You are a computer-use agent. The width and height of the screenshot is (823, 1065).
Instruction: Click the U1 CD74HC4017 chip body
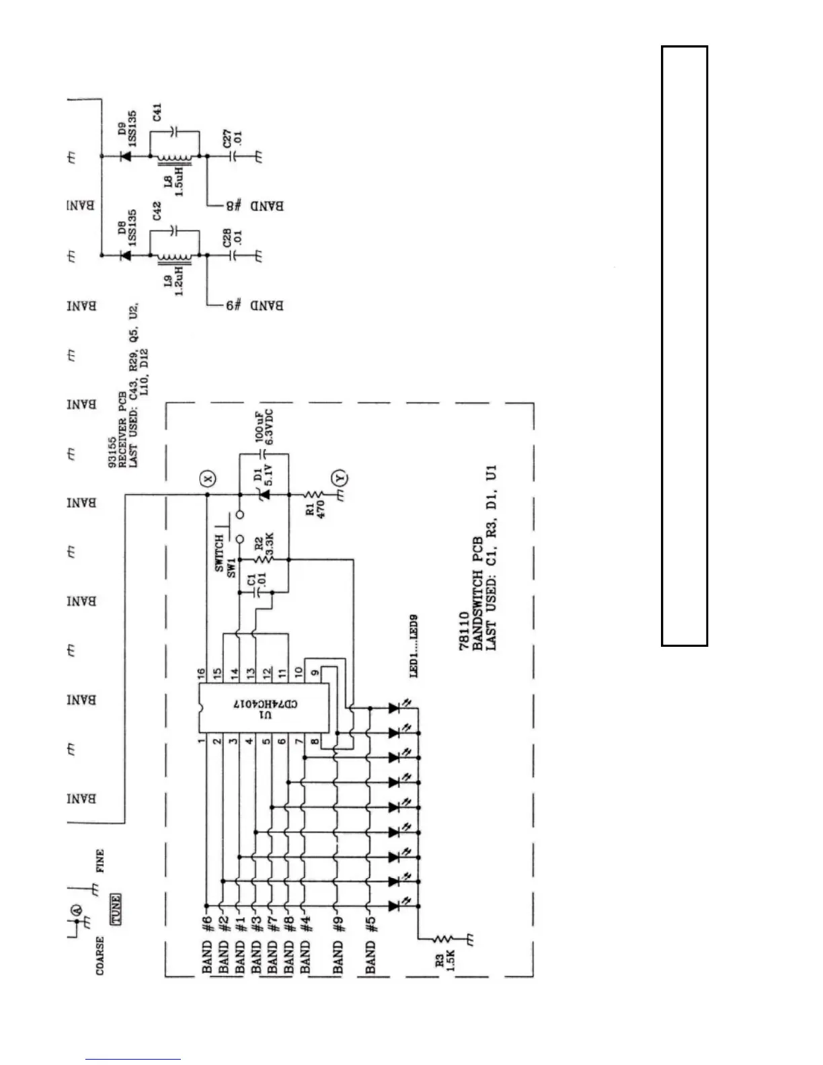(265, 709)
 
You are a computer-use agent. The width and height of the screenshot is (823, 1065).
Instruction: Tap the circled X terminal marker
(208, 478)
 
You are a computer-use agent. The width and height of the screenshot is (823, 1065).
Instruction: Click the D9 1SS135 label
(128, 128)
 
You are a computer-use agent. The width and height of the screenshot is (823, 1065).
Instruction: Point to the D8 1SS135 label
(128, 228)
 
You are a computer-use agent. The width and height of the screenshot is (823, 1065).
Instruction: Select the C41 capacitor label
(157, 111)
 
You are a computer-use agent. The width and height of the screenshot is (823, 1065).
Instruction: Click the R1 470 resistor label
(315, 508)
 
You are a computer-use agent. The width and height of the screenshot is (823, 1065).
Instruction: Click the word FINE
(100, 861)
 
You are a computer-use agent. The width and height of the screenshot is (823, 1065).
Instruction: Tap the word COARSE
(100, 955)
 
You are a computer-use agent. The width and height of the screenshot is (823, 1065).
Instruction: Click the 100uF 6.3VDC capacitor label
(265, 428)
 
